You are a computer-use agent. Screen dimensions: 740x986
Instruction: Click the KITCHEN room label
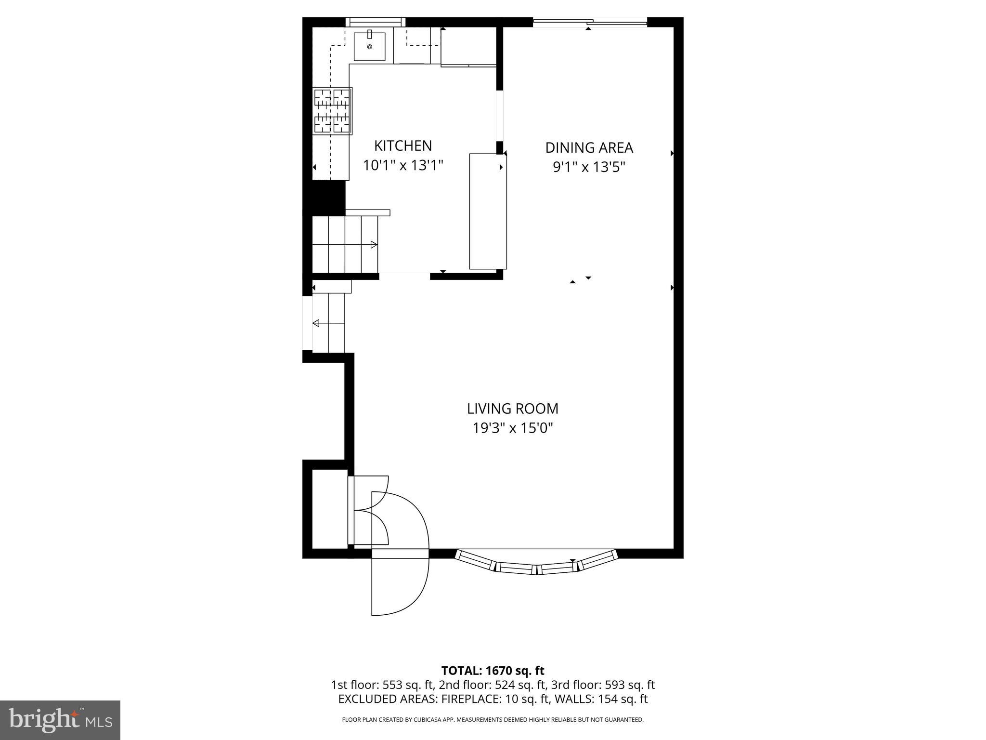point(403,145)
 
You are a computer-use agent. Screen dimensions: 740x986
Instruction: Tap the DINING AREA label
point(588,147)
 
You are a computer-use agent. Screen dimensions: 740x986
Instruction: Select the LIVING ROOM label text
point(512,409)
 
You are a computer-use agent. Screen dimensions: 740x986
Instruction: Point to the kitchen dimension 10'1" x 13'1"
point(403,165)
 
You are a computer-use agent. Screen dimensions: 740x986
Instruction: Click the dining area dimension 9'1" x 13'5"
point(588,167)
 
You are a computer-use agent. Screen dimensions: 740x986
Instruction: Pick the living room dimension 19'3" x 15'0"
point(512,428)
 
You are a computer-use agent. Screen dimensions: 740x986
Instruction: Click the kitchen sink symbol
point(370,47)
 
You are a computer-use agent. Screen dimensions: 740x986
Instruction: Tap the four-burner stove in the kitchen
point(332,111)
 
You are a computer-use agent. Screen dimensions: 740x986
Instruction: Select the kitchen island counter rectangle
point(488,211)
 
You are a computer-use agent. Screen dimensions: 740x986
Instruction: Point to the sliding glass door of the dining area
point(589,22)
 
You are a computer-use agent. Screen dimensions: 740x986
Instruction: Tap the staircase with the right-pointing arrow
point(345,244)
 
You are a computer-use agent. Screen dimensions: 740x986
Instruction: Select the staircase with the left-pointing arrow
point(329,322)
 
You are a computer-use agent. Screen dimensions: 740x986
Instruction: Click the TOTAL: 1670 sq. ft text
point(493,671)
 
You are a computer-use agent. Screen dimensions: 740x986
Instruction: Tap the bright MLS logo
point(60,720)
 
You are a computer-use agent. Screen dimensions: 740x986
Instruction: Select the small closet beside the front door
point(330,509)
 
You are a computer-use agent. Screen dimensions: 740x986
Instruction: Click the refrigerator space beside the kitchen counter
point(468,46)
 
